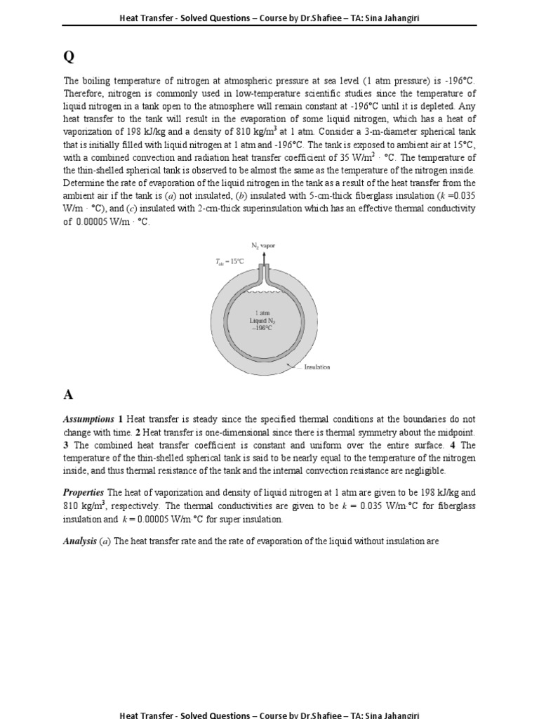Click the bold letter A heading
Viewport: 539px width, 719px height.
click(67, 395)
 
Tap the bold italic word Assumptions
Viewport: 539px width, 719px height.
click(89, 419)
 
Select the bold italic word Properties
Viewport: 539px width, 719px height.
click(84, 493)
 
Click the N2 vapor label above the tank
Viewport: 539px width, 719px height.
click(263, 246)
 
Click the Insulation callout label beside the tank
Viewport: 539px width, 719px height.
click(317, 367)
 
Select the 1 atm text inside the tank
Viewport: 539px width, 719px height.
click(263, 312)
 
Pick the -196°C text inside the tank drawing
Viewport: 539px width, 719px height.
click(263, 328)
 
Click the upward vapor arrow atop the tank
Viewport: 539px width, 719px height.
click(263, 259)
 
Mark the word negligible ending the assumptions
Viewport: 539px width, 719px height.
click(423, 470)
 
